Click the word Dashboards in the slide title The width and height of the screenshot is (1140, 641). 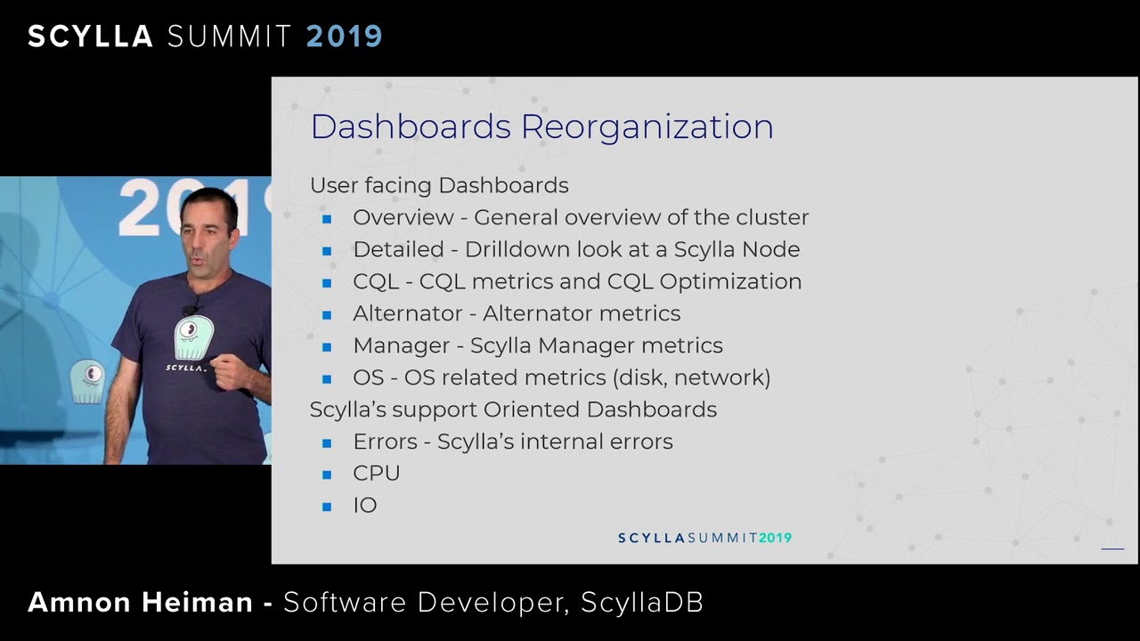(x=411, y=127)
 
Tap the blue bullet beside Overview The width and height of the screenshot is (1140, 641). (x=327, y=218)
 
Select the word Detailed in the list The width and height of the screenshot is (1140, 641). (x=398, y=249)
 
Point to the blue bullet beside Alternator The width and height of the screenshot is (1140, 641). (x=327, y=314)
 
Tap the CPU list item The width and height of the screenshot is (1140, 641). (x=376, y=474)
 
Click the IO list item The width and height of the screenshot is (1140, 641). (x=364, y=506)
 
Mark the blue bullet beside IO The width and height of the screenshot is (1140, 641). (x=327, y=507)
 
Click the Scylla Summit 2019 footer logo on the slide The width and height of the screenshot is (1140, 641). (x=704, y=538)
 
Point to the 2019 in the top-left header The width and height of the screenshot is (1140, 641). (x=344, y=37)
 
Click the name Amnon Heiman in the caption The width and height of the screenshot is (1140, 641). (x=140, y=603)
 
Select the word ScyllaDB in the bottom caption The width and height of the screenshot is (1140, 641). (x=641, y=603)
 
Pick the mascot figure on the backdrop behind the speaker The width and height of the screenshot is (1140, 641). (x=87, y=381)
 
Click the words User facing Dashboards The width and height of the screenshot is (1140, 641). (x=439, y=185)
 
